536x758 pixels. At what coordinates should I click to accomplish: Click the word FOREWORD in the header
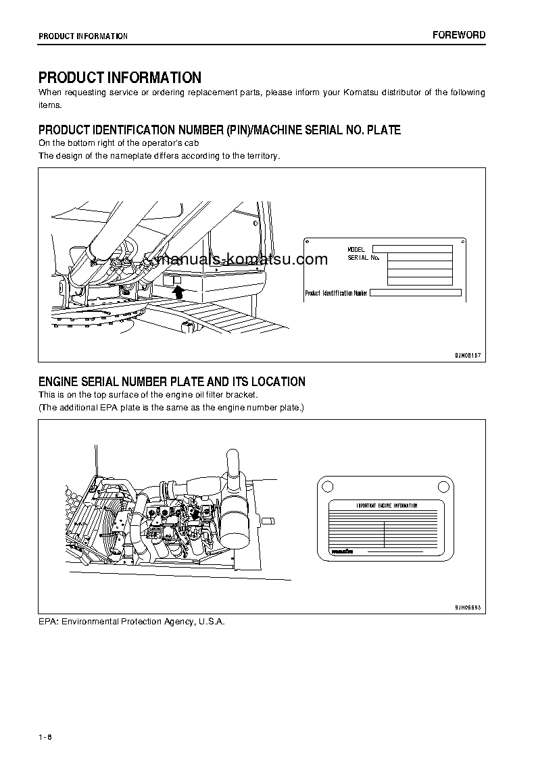tap(459, 35)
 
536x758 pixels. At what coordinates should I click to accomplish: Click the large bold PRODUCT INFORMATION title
tap(120, 78)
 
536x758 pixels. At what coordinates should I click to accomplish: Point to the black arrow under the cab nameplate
tap(178, 291)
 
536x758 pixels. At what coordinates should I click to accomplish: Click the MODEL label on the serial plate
tap(356, 250)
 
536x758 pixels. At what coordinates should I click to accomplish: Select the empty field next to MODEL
tap(412, 249)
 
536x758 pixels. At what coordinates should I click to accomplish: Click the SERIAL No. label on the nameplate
tap(364, 258)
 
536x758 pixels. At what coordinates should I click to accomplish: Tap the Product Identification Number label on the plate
tap(336, 293)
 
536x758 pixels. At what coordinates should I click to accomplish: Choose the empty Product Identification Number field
tap(415, 293)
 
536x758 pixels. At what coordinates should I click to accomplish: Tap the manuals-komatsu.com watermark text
tap(241, 260)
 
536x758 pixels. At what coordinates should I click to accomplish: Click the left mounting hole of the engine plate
tap(326, 485)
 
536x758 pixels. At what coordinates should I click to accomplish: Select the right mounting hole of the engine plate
tap(443, 485)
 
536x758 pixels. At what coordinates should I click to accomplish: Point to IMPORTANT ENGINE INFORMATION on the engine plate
tap(387, 506)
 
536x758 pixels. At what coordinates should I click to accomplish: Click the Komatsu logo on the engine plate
tap(343, 551)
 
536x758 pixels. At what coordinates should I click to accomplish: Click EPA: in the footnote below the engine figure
tap(49, 621)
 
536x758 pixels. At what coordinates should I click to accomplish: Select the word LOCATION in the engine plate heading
tap(278, 382)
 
